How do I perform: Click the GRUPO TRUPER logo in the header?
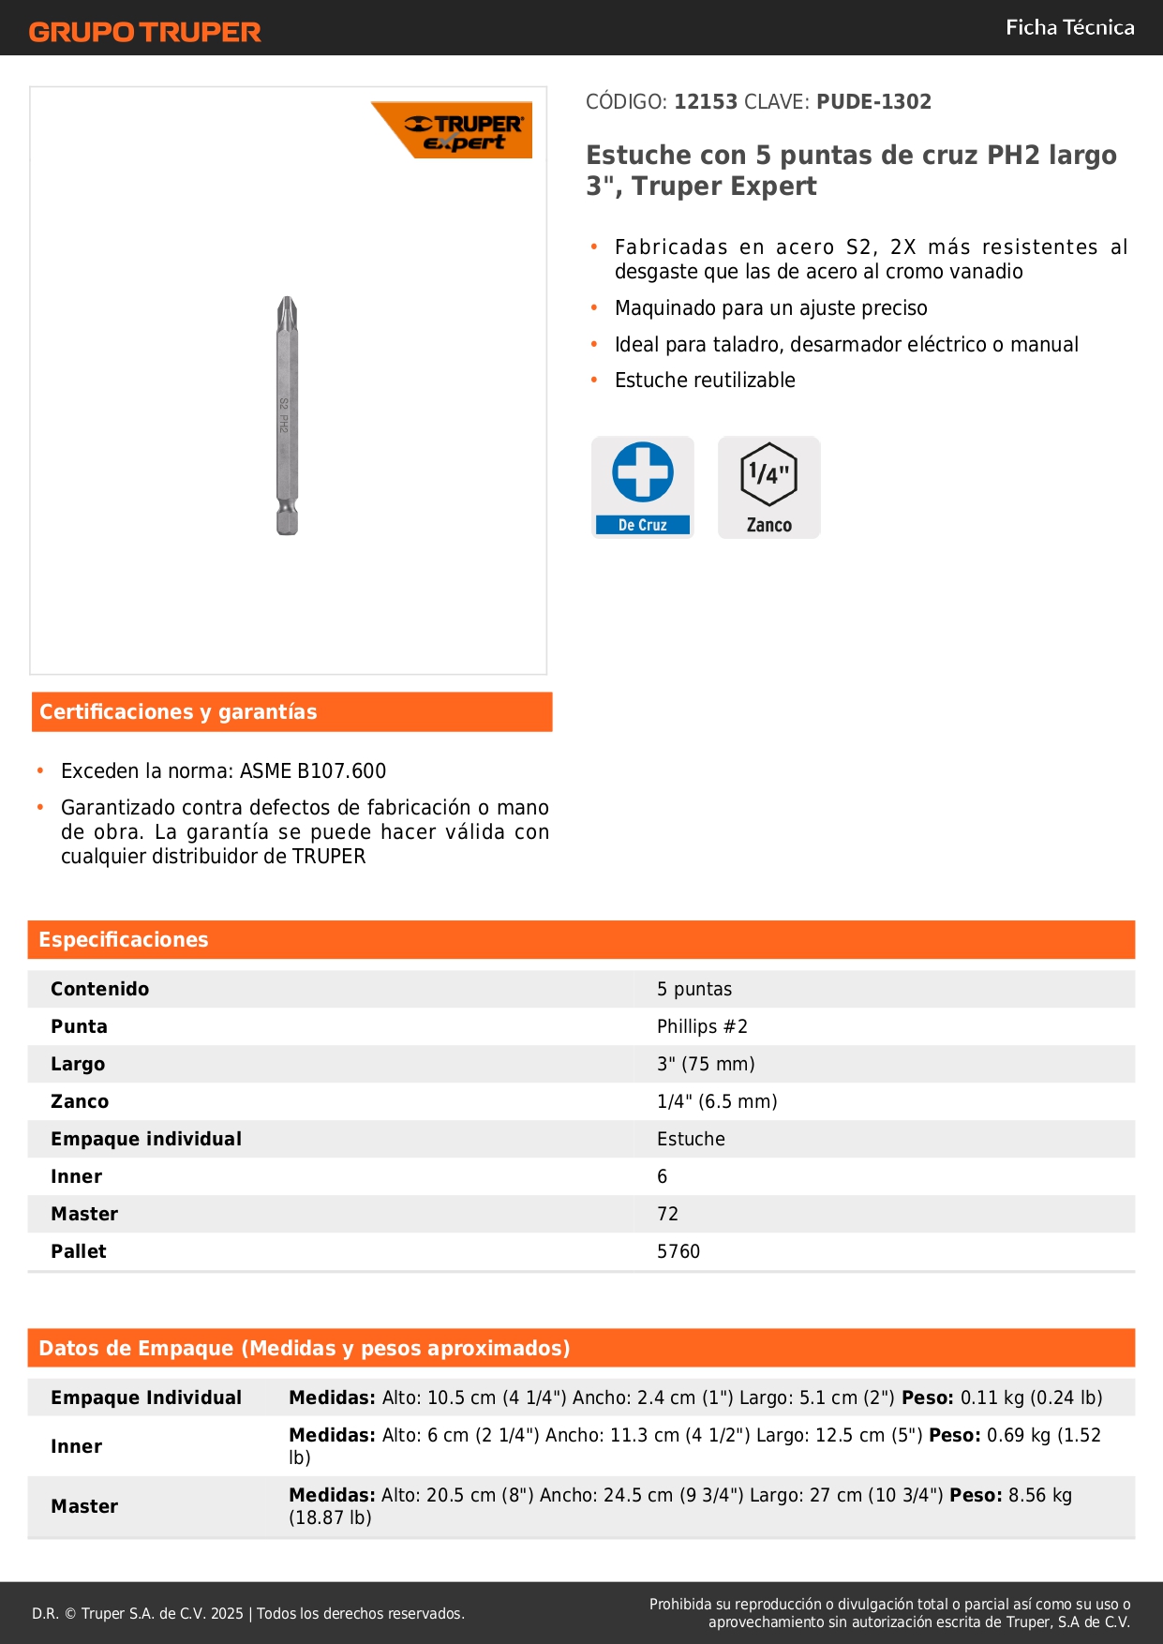144,32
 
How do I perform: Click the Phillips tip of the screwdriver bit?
288,311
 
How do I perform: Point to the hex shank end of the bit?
287,519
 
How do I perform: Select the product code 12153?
706,102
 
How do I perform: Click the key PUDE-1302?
873,102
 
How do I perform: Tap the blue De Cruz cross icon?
643,472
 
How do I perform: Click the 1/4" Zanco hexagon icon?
768,475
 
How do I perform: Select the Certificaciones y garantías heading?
178,712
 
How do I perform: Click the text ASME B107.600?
313,771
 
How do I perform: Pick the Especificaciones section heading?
124,940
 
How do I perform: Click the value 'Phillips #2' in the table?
702,1026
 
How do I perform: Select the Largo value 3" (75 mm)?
706,1064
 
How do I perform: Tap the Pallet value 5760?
678,1251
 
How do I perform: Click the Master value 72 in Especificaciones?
667,1214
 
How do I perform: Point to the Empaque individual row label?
146,1139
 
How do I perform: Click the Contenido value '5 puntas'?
694,989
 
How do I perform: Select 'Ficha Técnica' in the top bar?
1069,28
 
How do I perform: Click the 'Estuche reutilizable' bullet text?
705,381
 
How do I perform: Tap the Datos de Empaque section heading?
305,1349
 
